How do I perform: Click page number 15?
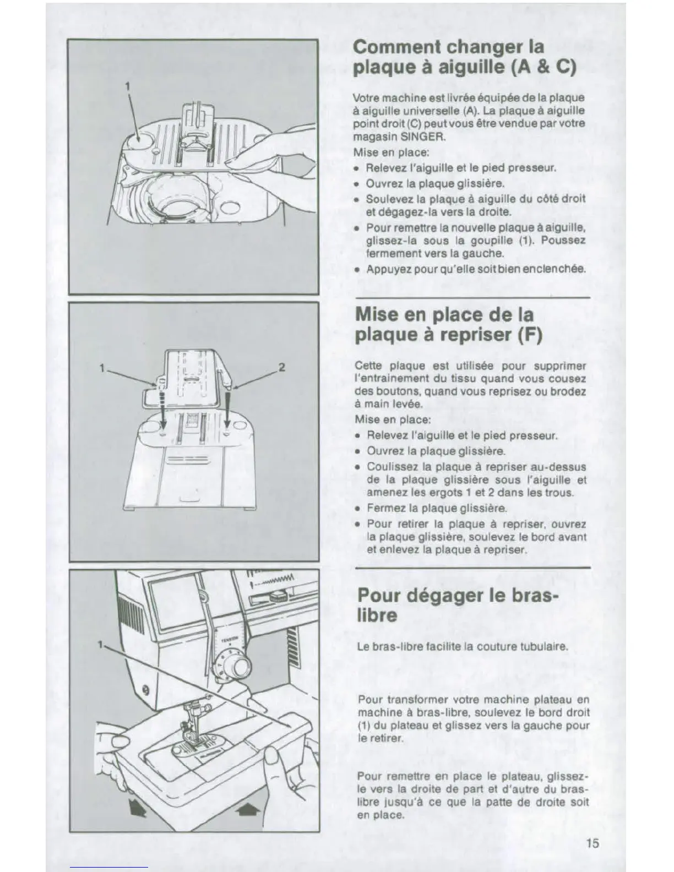pyautogui.click(x=593, y=843)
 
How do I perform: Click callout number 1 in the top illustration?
pyautogui.click(x=128, y=86)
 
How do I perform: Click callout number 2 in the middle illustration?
pyautogui.click(x=281, y=368)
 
